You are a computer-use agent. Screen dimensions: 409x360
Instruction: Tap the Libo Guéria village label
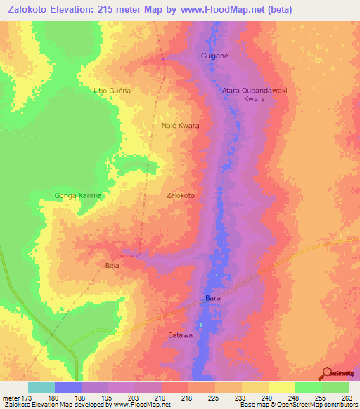point(112,91)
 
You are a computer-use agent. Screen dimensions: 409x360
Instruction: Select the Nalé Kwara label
point(181,126)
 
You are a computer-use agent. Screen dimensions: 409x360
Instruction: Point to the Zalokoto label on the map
point(181,195)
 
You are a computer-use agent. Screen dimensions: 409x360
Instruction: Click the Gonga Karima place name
point(79,195)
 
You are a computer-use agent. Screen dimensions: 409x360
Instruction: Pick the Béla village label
point(112,265)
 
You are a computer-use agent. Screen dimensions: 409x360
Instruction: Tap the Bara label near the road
point(213,299)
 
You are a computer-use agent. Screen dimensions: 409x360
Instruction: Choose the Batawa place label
point(180,335)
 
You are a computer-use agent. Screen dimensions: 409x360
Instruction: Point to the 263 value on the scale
point(347,398)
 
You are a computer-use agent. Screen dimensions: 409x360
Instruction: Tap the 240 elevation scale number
point(268,398)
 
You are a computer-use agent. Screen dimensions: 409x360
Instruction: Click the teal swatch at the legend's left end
point(41,387)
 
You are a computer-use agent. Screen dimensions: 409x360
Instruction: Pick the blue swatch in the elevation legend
point(68,387)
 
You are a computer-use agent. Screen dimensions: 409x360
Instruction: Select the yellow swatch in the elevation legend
point(282,387)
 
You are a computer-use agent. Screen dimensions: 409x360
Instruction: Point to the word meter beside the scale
point(11,398)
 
